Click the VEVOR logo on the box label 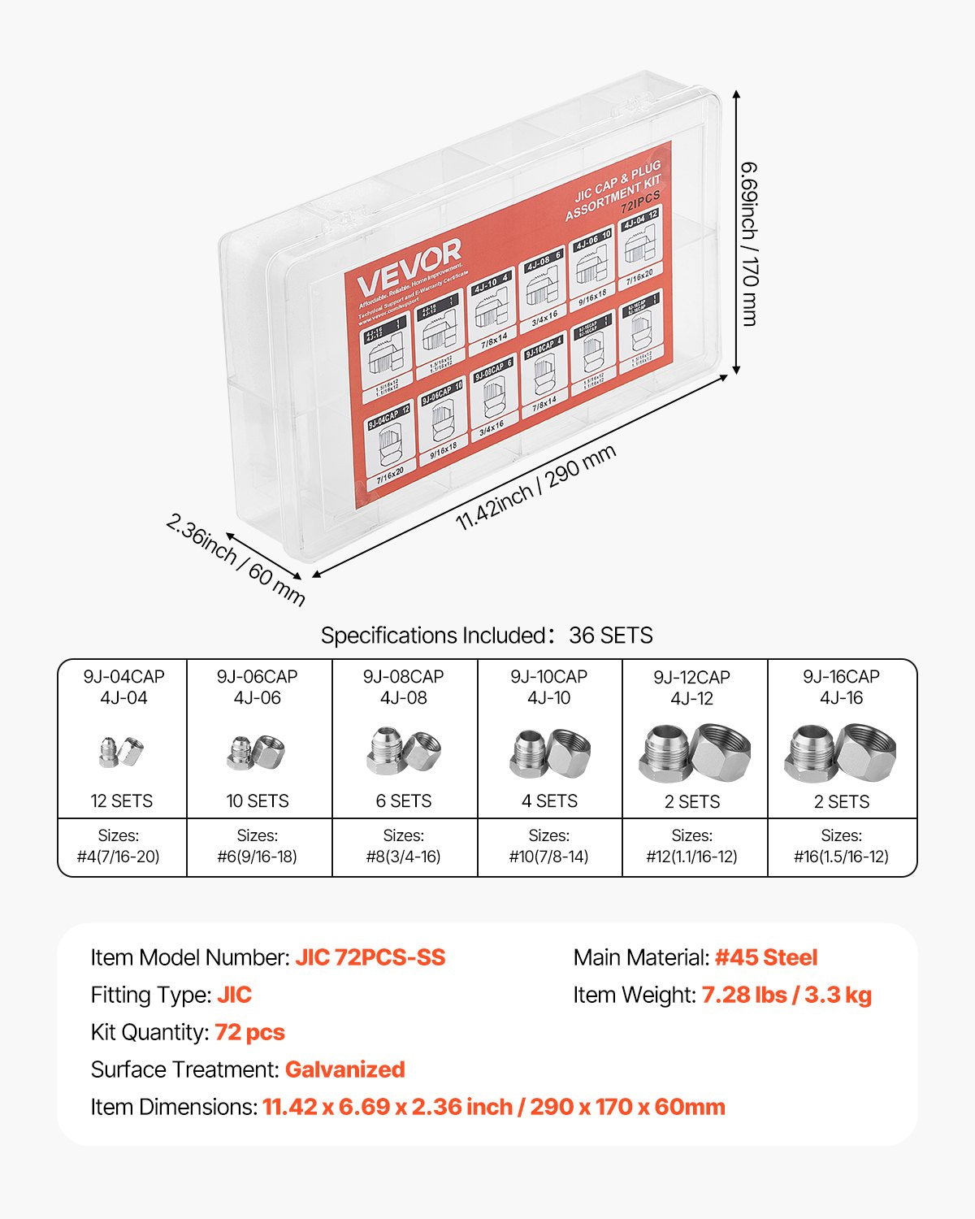pos(409,266)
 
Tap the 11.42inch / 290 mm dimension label pos(535,487)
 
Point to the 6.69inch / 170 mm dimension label pos(748,243)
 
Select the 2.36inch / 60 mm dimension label pos(236,559)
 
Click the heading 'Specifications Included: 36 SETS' pos(487,635)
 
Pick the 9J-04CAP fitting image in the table pos(122,752)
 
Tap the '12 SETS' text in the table pos(122,800)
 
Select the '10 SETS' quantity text pos(258,800)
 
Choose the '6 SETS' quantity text pos(404,800)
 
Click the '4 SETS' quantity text pos(549,800)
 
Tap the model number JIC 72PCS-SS pos(370,957)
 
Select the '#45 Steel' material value pos(766,957)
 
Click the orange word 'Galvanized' pos(344,1069)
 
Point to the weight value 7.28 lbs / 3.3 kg pos(786,995)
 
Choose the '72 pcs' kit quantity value pos(249,1032)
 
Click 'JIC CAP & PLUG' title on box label pos(617,183)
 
